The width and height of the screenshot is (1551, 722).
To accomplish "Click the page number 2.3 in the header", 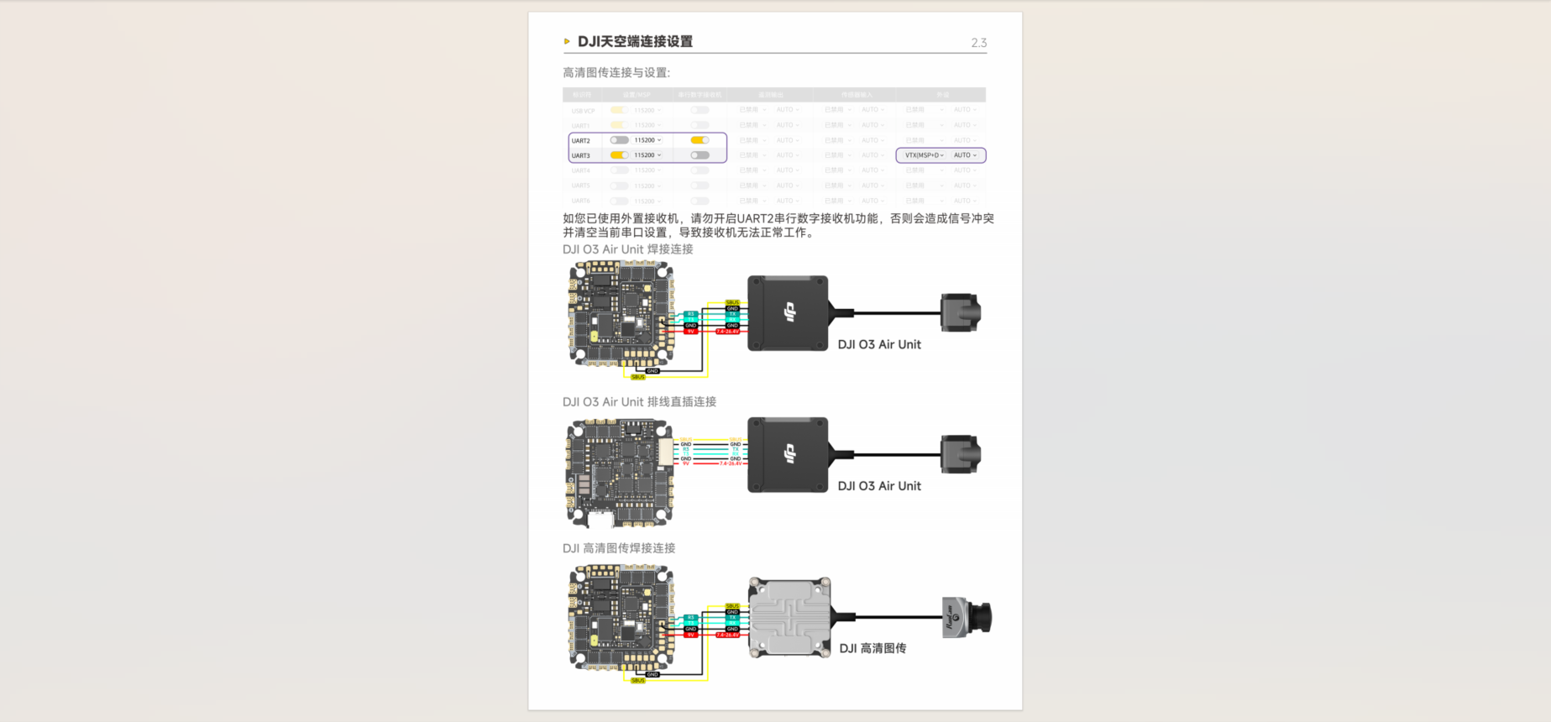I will click(x=978, y=43).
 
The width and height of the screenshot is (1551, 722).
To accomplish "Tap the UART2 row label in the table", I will click(x=581, y=141).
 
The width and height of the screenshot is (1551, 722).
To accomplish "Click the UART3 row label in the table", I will click(x=581, y=155).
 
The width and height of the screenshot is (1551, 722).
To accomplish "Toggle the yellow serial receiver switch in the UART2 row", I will click(x=700, y=140).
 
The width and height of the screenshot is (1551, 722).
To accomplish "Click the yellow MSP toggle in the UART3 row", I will click(x=619, y=155).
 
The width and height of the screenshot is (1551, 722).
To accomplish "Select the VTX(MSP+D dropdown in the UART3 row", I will click(x=924, y=155).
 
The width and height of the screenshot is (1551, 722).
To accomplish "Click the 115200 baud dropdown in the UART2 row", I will click(x=647, y=140).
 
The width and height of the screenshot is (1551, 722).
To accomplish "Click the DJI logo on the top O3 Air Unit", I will click(x=789, y=312).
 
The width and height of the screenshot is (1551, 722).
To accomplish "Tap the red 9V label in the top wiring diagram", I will click(x=691, y=332).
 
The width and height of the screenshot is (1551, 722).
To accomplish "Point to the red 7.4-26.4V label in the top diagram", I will click(x=727, y=332).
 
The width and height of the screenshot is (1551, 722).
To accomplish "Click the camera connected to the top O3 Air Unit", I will click(x=960, y=312).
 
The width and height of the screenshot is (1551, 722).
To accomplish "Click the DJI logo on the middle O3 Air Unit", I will click(x=789, y=454).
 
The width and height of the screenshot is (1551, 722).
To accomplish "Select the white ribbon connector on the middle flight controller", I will click(x=666, y=453).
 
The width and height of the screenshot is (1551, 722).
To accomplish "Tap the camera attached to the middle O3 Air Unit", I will click(x=960, y=454).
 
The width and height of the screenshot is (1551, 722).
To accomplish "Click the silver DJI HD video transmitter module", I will click(x=789, y=617).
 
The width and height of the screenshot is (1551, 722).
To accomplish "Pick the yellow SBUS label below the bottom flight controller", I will click(x=638, y=681).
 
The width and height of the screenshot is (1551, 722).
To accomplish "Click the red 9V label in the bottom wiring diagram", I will click(x=691, y=636).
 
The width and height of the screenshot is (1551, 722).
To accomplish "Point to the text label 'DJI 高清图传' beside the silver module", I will click(x=872, y=648).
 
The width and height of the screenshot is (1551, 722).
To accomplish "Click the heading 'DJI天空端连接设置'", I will click(x=635, y=42).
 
